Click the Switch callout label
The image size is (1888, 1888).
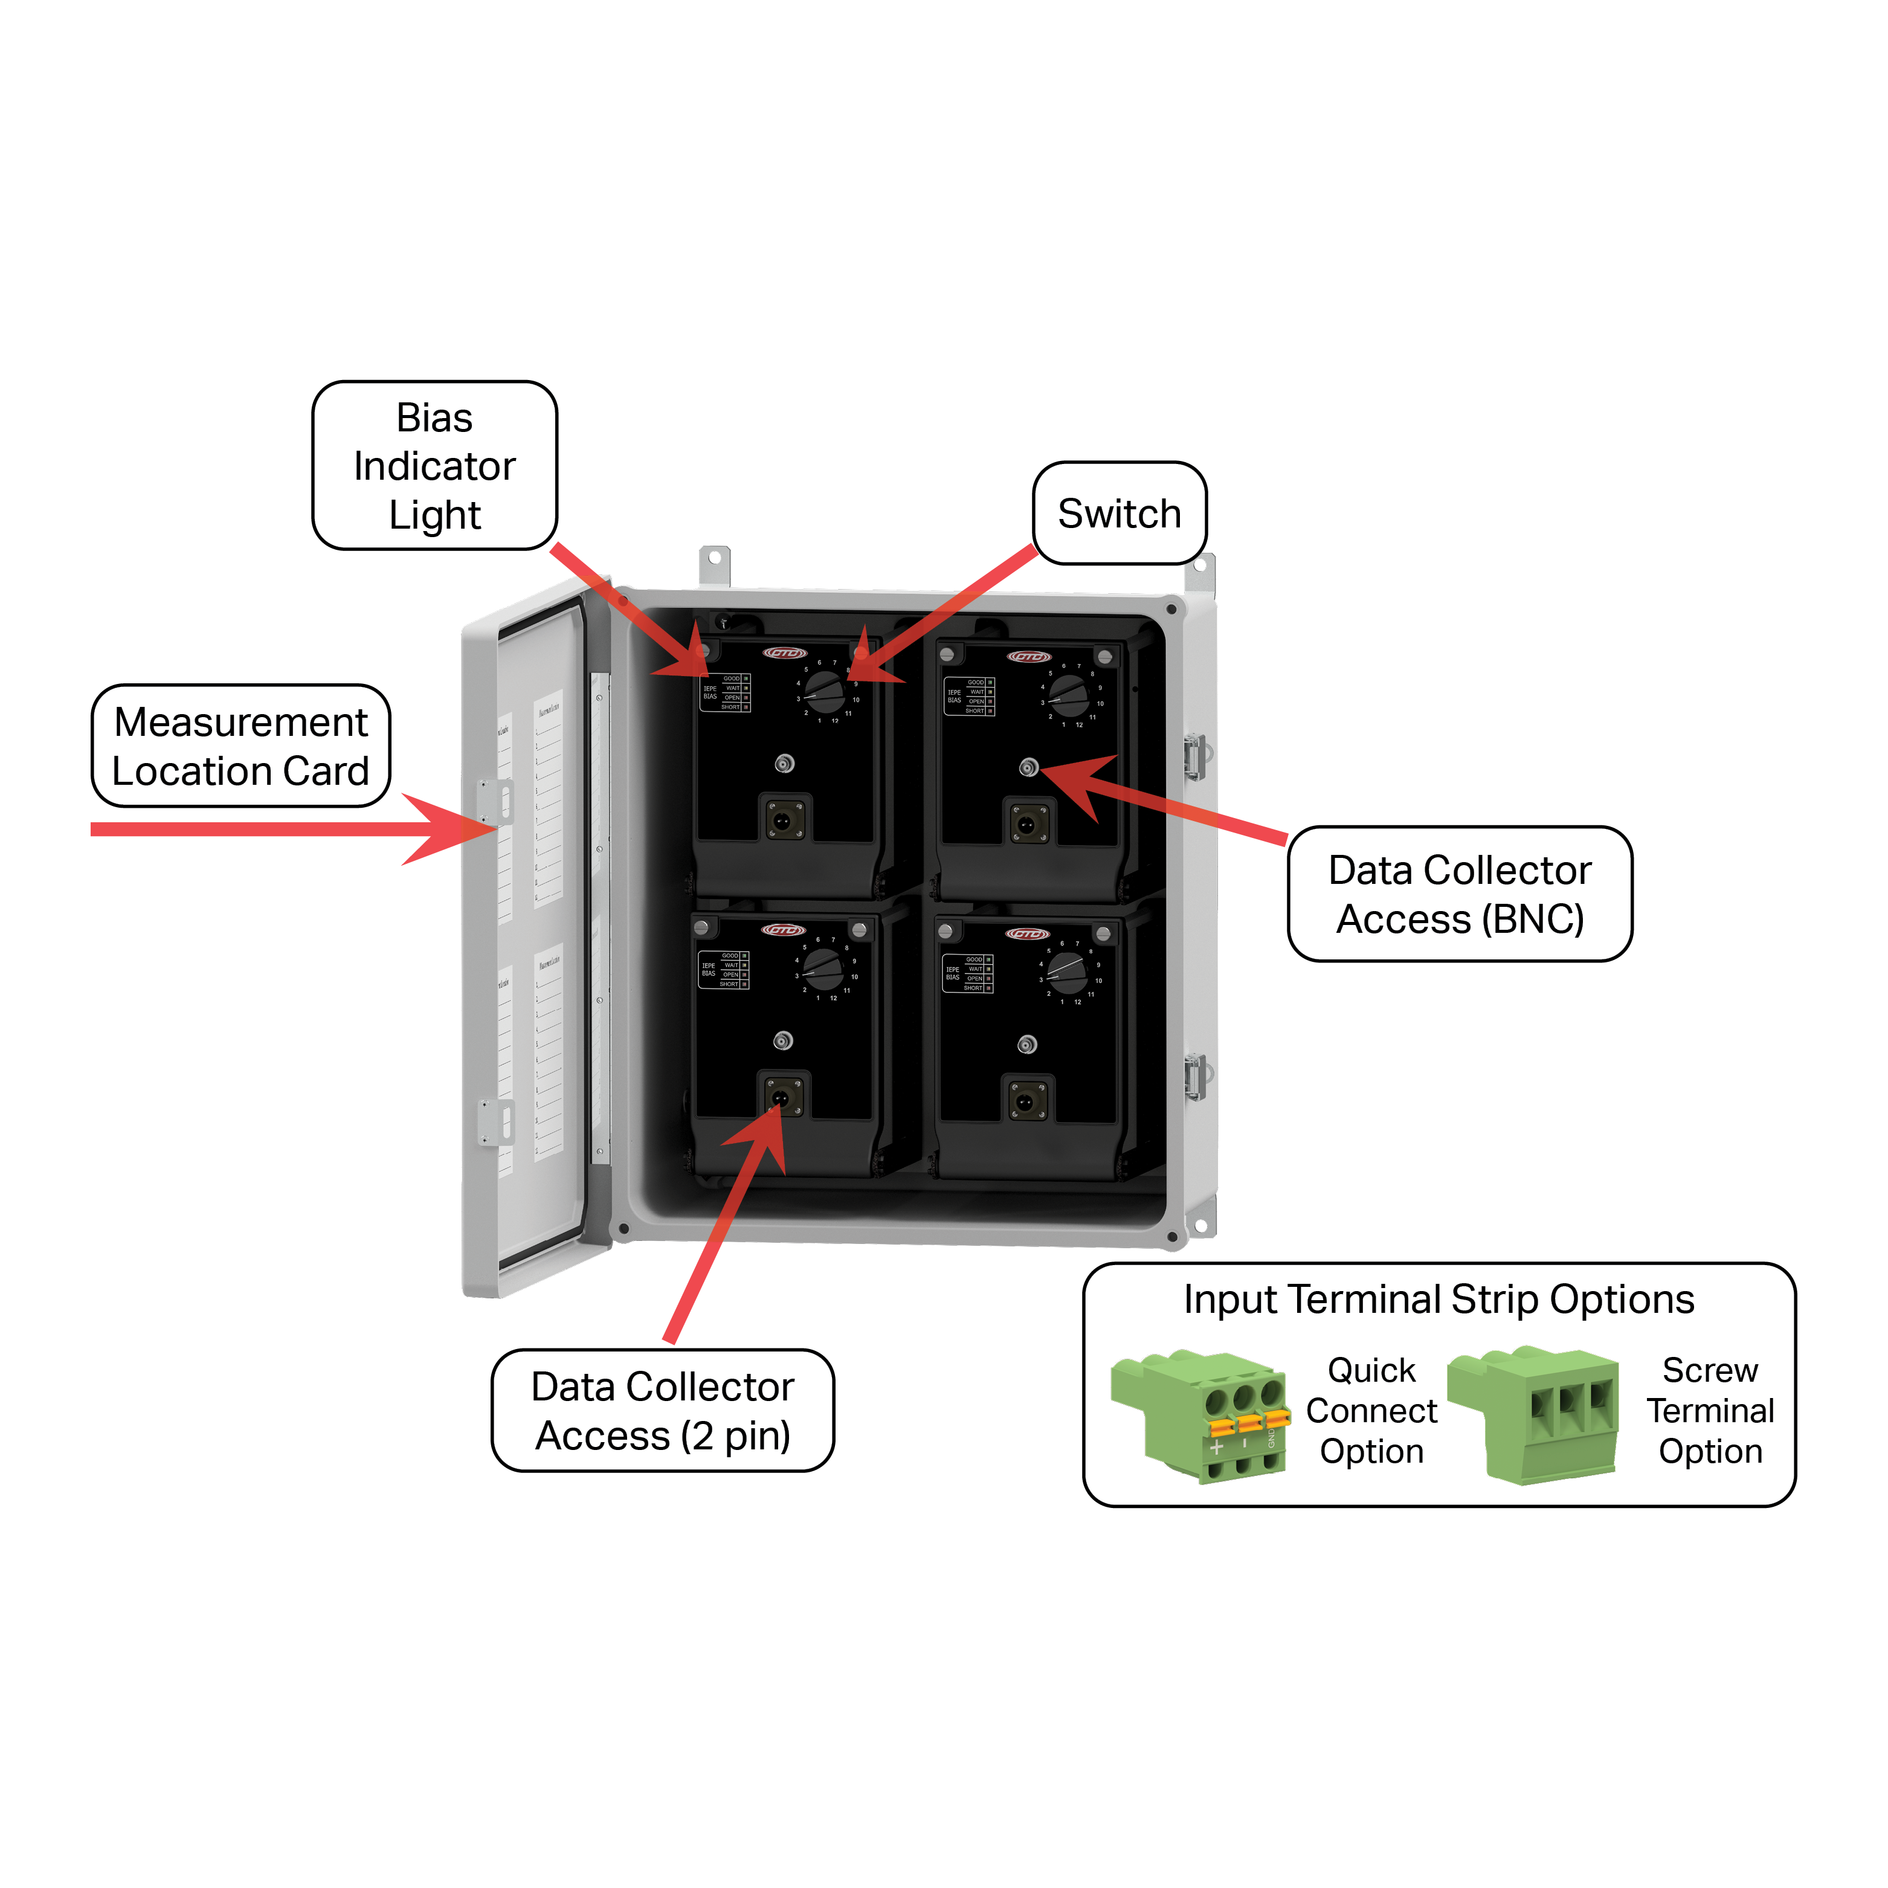(x=1119, y=513)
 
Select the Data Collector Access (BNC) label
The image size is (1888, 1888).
(x=1459, y=893)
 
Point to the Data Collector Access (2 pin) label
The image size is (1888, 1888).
(x=663, y=1410)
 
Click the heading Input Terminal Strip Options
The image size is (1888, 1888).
(x=1439, y=1299)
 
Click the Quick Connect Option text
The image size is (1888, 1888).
(x=1371, y=1410)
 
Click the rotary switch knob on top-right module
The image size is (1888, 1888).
(x=1069, y=695)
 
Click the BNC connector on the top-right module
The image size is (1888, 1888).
(x=1028, y=767)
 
